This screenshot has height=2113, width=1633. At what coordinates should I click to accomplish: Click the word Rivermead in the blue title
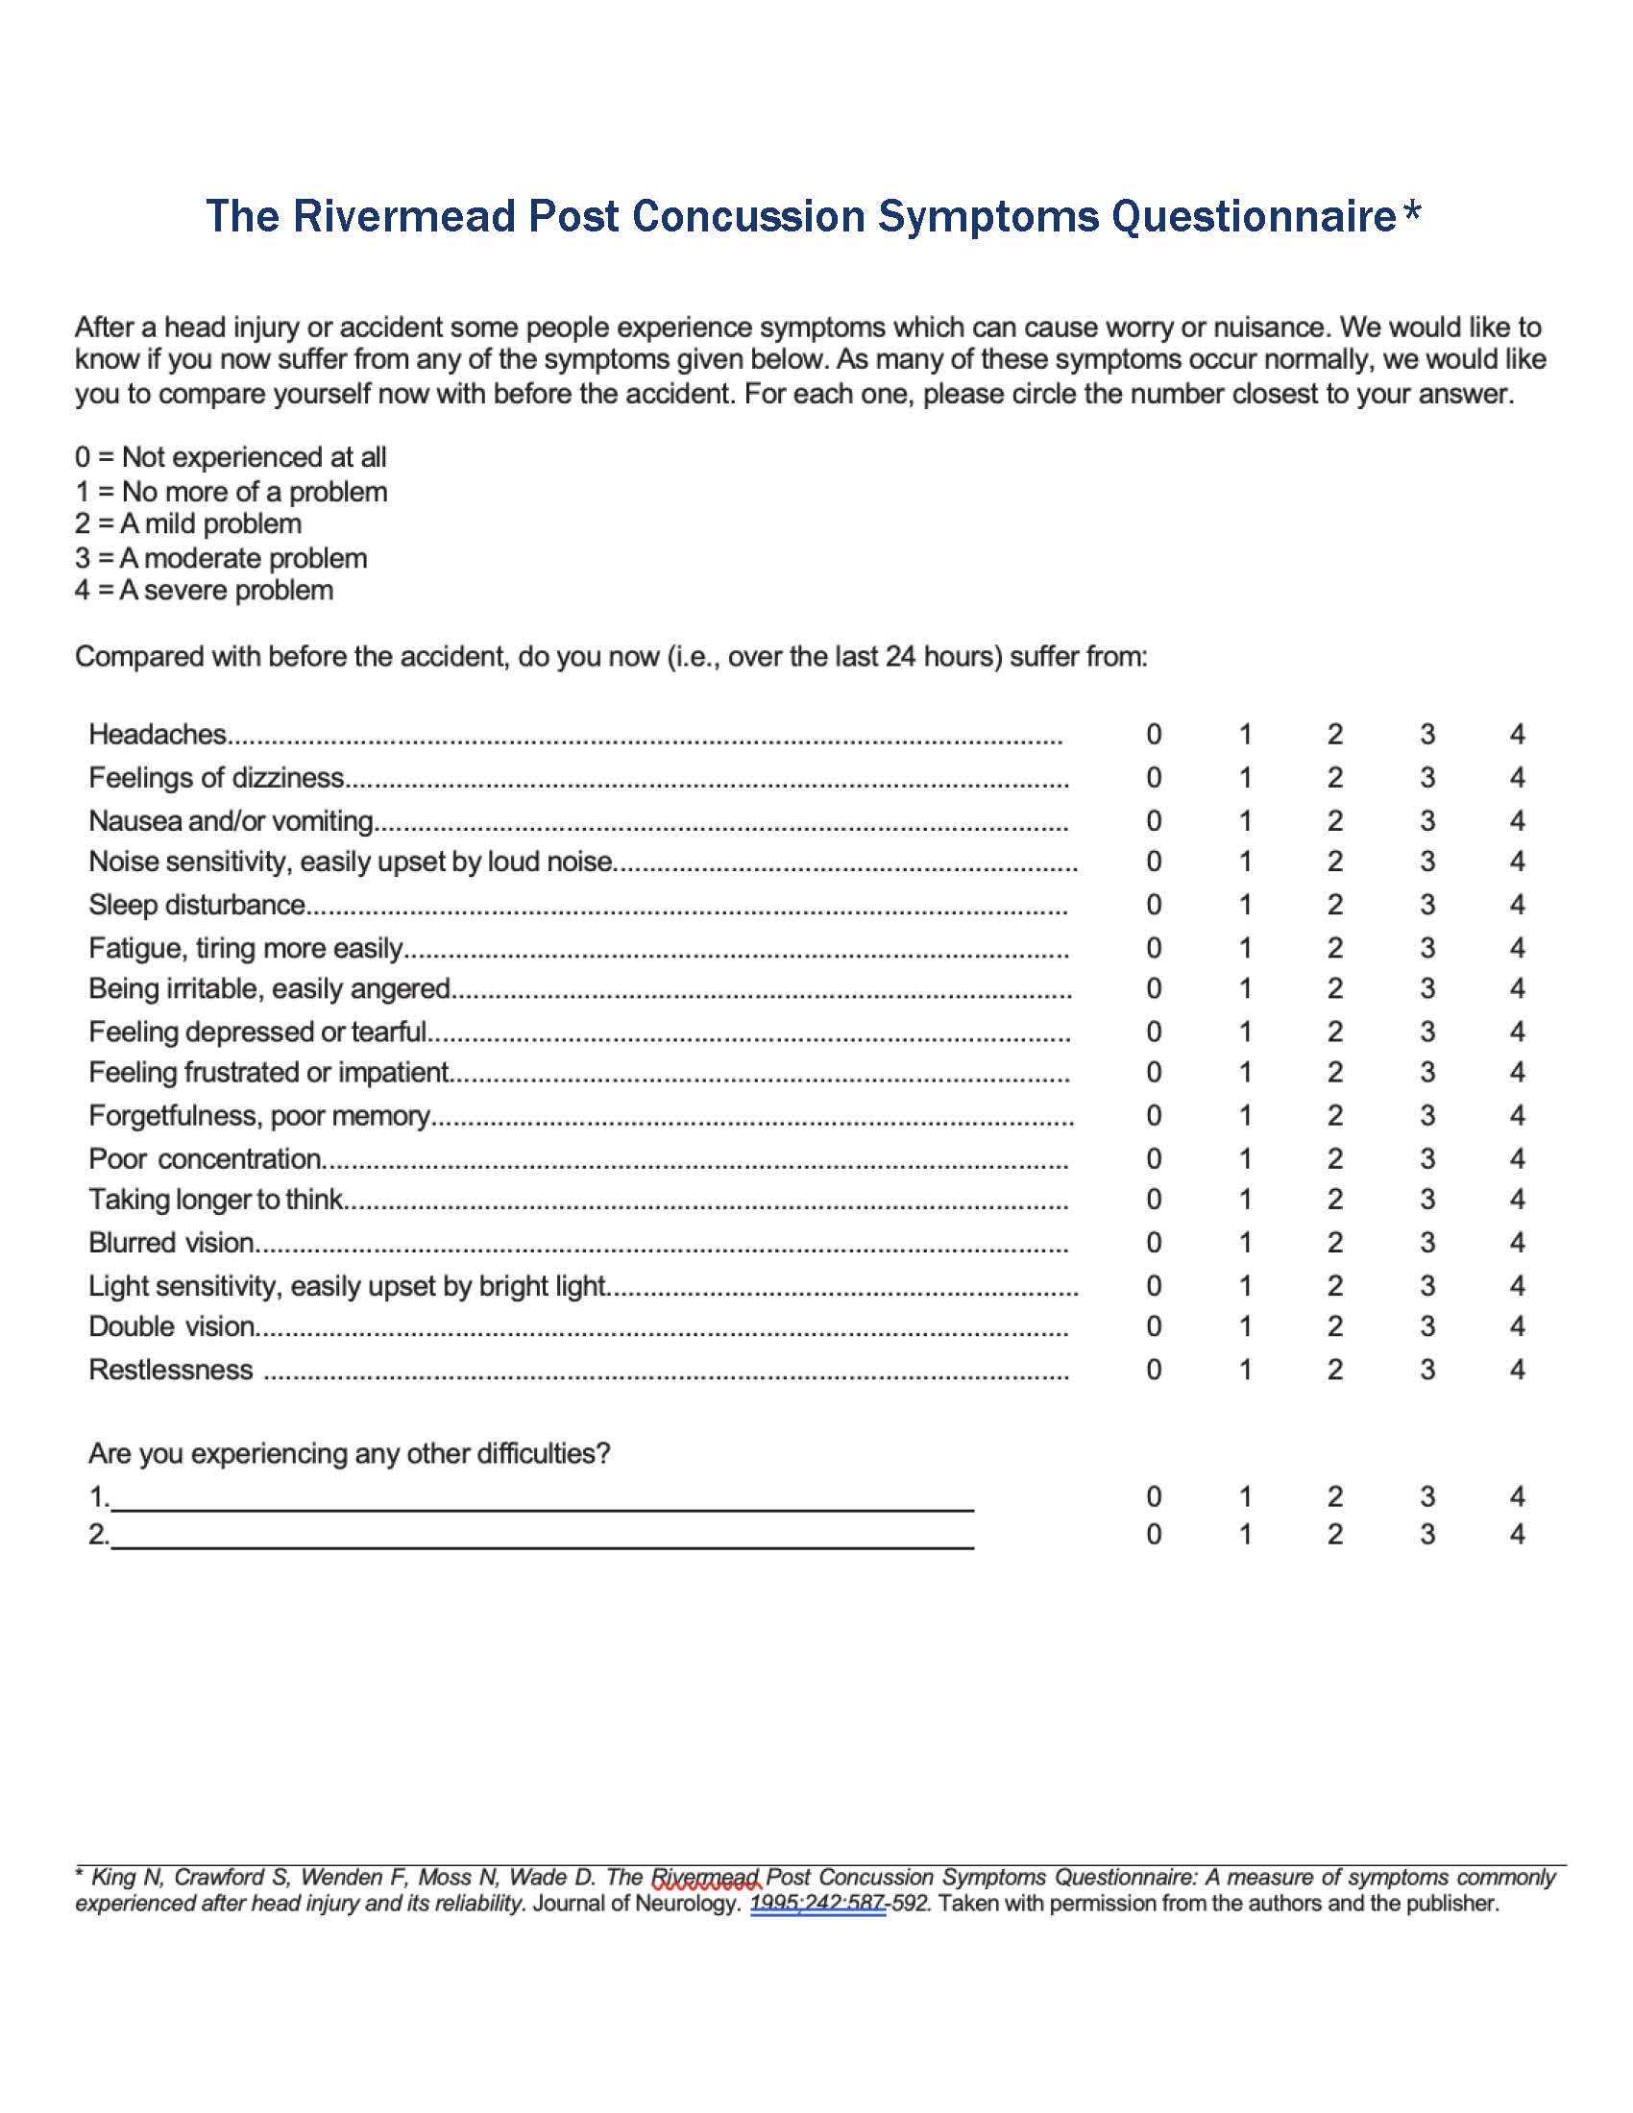pyautogui.click(x=404, y=216)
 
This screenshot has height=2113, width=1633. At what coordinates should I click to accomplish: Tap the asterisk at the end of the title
pyautogui.click(x=1411, y=212)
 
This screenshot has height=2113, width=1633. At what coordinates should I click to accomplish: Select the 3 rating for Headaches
pyautogui.click(x=1426, y=735)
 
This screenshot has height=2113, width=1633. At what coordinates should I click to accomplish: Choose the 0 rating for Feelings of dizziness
pyautogui.click(x=1153, y=777)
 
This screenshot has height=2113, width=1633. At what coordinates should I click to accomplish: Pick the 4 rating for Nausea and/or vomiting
pyautogui.click(x=1517, y=820)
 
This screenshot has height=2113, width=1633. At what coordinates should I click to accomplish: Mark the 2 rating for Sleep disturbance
pyautogui.click(x=1335, y=905)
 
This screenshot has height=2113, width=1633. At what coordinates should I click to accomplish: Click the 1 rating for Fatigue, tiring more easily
pyautogui.click(x=1245, y=947)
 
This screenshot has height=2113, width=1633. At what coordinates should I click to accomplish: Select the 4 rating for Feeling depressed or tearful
pyautogui.click(x=1517, y=1032)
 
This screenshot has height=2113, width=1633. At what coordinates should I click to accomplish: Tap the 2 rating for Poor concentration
pyautogui.click(x=1335, y=1158)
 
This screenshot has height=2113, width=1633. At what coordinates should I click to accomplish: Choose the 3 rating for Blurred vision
pyautogui.click(x=1426, y=1242)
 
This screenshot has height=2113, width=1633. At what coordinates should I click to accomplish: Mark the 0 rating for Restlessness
pyautogui.click(x=1153, y=1369)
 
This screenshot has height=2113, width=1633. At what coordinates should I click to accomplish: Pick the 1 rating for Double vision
pyautogui.click(x=1245, y=1325)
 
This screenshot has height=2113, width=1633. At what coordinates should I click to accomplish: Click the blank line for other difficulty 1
pyautogui.click(x=542, y=1499)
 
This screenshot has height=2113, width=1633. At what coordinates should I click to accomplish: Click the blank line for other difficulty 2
pyautogui.click(x=542, y=1538)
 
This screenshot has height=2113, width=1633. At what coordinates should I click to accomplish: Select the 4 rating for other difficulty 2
pyautogui.click(x=1517, y=1535)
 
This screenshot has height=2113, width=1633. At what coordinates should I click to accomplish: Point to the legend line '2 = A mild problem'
pyautogui.click(x=188, y=524)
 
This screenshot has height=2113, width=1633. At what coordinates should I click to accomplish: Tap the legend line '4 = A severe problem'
pyautogui.click(x=204, y=590)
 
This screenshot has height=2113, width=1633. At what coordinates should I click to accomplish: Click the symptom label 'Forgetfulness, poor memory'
pyautogui.click(x=259, y=1115)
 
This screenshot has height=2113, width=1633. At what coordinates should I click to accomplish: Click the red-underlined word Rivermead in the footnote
pyautogui.click(x=706, y=1878)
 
